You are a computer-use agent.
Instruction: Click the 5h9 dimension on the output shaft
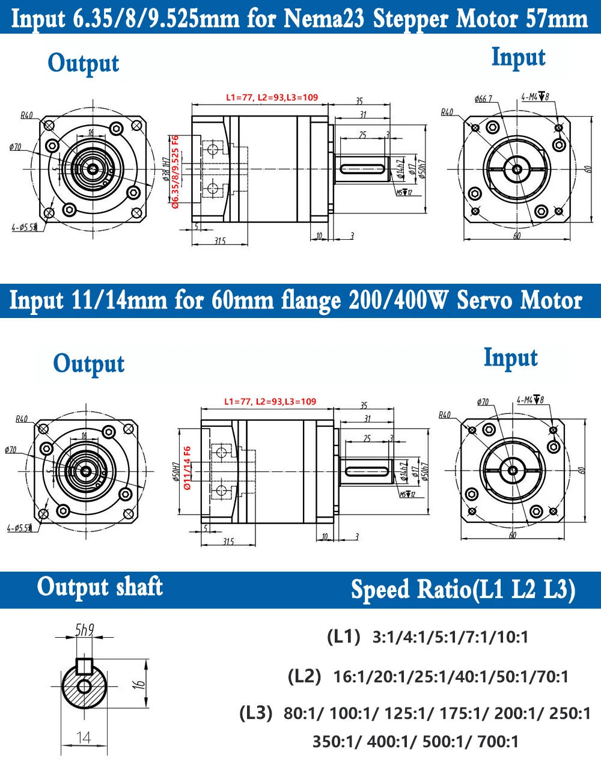(x=84, y=631)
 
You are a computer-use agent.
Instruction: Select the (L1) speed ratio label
(x=343, y=637)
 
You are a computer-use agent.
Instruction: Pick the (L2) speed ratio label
(x=305, y=676)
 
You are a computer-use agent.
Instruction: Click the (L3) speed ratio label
(x=257, y=714)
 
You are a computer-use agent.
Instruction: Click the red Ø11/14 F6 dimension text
(x=187, y=468)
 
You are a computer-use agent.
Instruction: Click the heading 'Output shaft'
(x=100, y=587)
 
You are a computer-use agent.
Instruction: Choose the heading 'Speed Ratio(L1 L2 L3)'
(x=463, y=590)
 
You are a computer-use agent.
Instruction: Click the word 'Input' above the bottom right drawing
(x=510, y=358)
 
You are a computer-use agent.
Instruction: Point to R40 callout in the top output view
(x=26, y=115)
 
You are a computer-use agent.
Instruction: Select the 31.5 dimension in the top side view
(x=219, y=240)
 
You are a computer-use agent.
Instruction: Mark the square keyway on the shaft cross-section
(x=84, y=665)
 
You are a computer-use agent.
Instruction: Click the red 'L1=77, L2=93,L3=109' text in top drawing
(x=272, y=97)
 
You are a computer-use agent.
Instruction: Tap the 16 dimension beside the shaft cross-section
(x=138, y=683)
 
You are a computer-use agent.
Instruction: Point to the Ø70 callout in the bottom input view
(x=482, y=402)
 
